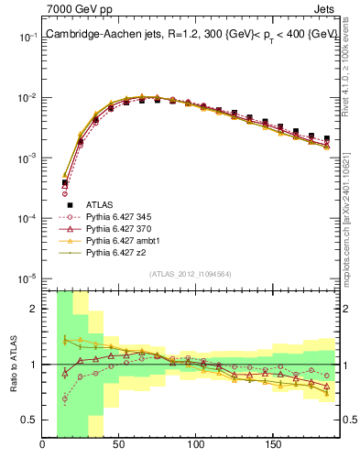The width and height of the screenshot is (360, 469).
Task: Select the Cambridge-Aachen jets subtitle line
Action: (x=191, y=34)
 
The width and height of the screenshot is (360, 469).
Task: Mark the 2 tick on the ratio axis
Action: (x=34, y=309)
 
